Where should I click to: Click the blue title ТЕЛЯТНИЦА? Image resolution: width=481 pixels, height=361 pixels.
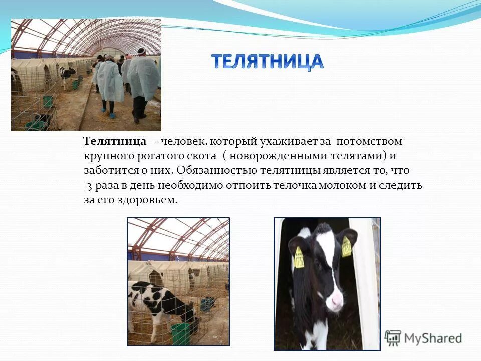[267, 61]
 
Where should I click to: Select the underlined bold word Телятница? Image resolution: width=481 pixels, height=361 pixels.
[115, 141]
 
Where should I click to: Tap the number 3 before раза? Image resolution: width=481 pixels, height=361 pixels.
[89, 185]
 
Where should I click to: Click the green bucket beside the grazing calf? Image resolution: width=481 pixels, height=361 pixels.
[181, 334]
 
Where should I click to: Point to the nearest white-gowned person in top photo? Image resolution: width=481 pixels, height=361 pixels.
[143, 83]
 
